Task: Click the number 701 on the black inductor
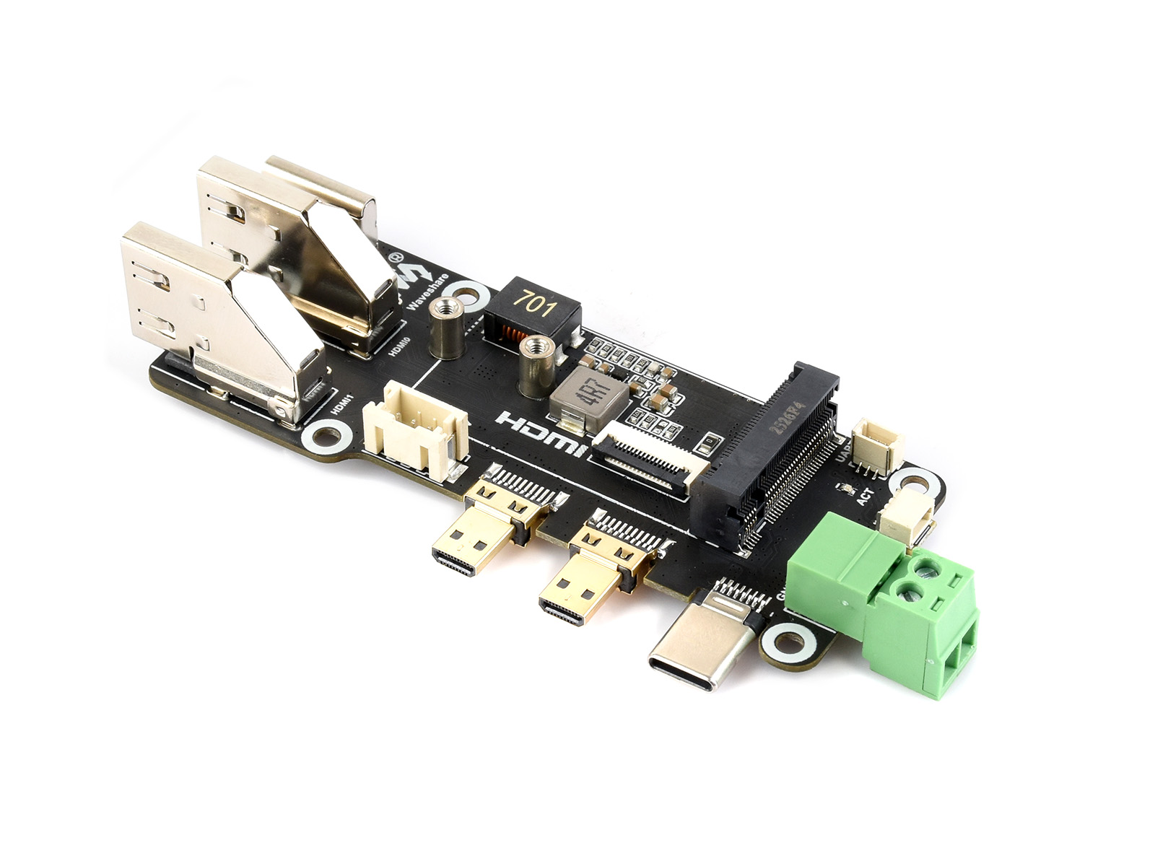(x=535, y=305)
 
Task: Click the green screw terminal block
(x=888, y=606)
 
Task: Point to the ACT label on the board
(x=864, y=497)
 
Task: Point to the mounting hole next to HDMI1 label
(x=323, y=436)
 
